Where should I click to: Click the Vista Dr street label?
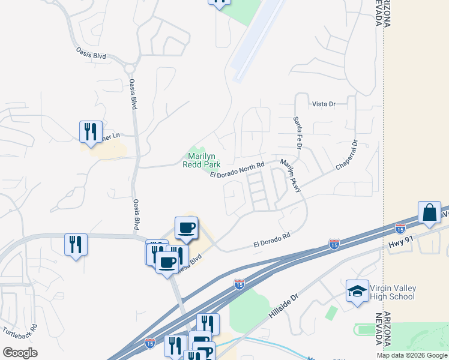click(323, 104)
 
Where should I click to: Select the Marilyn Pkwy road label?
click(290, 176)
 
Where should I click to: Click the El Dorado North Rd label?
click(237, 170)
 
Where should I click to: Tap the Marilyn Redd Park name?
click(201, 160)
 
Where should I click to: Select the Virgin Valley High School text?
click(393, 292)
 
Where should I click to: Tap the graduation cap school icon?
click(357, 292)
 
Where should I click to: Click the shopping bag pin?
click(430, 212)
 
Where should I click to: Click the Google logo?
click(20, 353)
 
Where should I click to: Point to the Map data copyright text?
click(412, 355)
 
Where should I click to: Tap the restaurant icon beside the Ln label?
click(91, 131)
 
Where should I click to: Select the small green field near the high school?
click(331, 313)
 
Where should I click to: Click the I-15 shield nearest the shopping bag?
click(400, 229)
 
